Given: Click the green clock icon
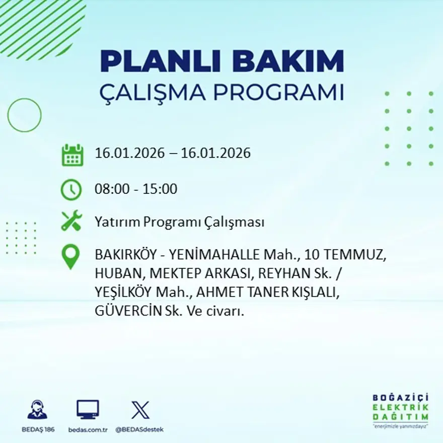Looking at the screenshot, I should [x=71, y=189].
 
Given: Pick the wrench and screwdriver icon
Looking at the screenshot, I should [x=71, y=221].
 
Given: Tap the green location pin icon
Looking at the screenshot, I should [x=71, y=256].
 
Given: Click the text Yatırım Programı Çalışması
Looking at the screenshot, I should [x=179, y=222].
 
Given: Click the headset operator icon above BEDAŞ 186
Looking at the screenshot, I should [x=37, y=410].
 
